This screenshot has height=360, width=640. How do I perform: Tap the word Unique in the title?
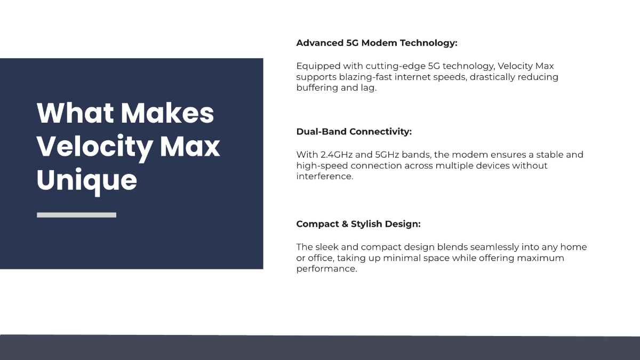(87, 180)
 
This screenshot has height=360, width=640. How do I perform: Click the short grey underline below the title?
(76, 215)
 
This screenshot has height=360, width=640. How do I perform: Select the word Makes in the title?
(167, 113)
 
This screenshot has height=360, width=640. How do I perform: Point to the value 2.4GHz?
(338, 155)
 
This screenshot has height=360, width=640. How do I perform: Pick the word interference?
(324, 177)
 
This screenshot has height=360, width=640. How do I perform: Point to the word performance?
(325, 269)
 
